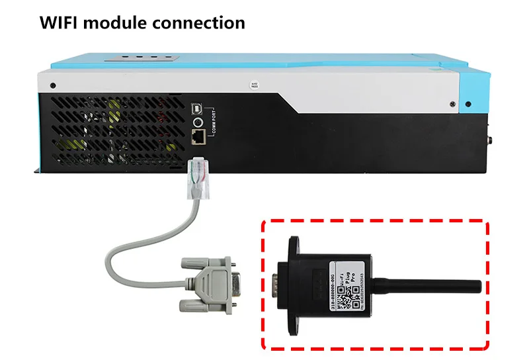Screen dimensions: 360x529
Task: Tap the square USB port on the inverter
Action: pyautogui.click(x=196, y=108)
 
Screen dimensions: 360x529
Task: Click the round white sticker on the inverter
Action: pyautogui.click(x=252, y=86)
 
